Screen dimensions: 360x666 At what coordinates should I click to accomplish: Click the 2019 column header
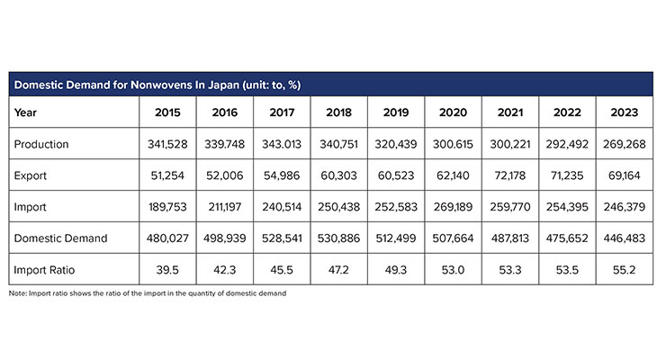396,113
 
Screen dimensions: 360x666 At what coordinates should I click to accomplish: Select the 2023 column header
624,113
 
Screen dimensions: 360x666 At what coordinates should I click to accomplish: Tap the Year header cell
26,113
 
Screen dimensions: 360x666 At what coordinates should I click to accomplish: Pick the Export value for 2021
509,175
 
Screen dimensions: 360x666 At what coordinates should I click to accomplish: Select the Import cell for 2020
453,207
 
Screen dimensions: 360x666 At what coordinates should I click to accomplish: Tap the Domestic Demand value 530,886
339,238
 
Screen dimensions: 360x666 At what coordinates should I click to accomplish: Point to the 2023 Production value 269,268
624,144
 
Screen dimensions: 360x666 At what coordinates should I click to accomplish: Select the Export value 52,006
225,175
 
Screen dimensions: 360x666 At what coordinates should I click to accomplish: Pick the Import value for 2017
282,207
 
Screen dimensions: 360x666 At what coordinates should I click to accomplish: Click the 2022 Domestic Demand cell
567,238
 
